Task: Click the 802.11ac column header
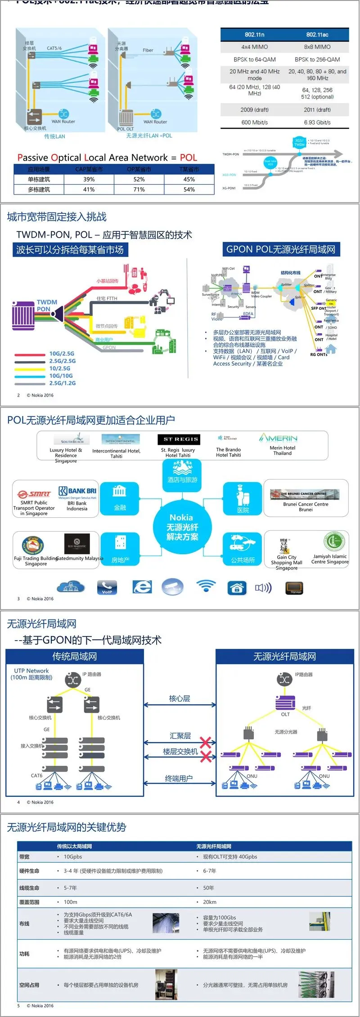[317, 35]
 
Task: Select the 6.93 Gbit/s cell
[317, 122]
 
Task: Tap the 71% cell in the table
[139, 190]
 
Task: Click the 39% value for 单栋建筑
[89, 179]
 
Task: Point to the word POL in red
[189, 158]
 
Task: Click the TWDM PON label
[47, 305]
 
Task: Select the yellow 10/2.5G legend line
[30, 369]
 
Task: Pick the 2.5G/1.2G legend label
[63, 383]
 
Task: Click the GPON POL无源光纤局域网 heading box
[281, 249]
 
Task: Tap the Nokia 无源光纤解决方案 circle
[182, 527]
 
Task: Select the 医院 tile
[243, 498]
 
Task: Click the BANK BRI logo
[77, 491]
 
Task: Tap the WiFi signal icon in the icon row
[206, 586]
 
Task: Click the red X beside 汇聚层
[206, 742]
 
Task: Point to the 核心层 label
[180, 698]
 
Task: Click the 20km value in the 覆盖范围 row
[210, 902]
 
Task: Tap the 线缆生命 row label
[29, 888]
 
